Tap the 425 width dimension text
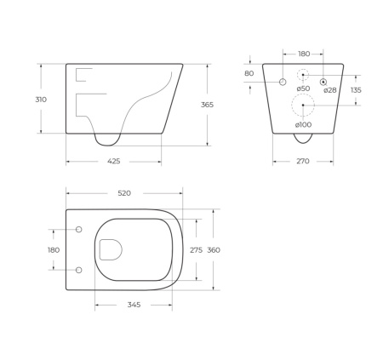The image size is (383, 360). [x=113, y=161]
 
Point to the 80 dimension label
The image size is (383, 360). [x=249, y=73]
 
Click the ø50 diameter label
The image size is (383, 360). [x=303, y=89]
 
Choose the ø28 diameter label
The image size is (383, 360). [x=330, y=89]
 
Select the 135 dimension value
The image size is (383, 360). [x=356, y=89]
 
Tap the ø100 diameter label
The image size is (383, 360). [x=303, y=126]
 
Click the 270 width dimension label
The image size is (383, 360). [x=302, y=161]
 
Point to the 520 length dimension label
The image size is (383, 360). [x=123, y=193]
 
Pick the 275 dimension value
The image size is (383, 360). [x=196, y=250]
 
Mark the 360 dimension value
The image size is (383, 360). [x=214, y=250]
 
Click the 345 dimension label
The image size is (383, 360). [x=134, y=304]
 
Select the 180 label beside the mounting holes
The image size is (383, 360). [x=54, y=250]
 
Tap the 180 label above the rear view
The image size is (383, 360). [x=304, y=54]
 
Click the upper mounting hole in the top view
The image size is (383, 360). [x=79, y=230]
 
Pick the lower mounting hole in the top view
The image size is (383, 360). [x=79, y=270]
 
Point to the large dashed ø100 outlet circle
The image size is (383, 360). [x=303, y=106]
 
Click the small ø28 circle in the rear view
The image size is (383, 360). [x=324, y=82]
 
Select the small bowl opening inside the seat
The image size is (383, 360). [x=111, y=249]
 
